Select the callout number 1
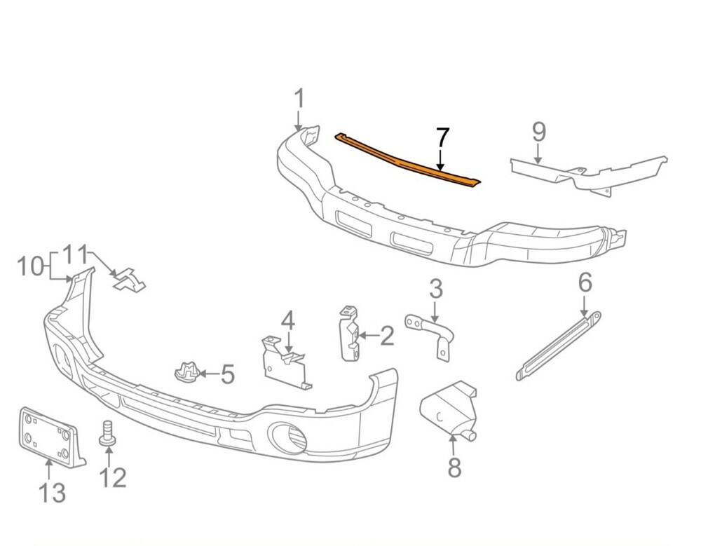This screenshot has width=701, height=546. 299,99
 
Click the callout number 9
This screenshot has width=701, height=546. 539,132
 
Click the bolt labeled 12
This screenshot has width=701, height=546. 108,433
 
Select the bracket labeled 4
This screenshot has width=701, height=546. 285,362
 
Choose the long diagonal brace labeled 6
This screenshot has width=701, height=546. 559,346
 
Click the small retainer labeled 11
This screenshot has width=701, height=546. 129,280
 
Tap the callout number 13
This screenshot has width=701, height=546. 53,493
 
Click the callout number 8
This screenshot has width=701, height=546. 454,467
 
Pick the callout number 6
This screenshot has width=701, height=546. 585,282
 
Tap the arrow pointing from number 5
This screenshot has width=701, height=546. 209,373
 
